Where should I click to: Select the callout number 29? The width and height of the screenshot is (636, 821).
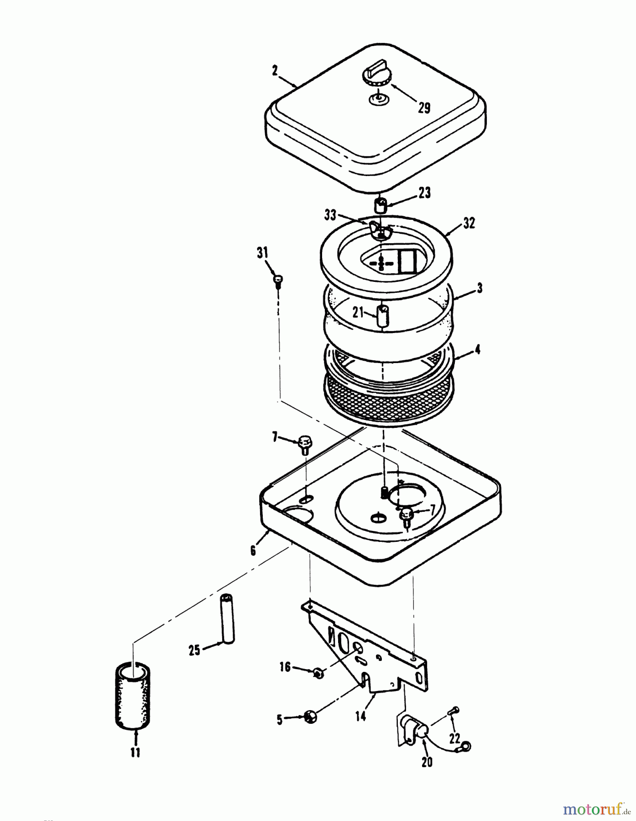click(424, 108)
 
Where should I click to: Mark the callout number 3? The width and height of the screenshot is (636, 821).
click(479, 289)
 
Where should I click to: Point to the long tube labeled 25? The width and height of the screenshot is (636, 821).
click(227, 618)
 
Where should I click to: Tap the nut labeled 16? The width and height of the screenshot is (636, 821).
click(319, 672)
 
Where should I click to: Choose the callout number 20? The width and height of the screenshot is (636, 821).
click(427, 761)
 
